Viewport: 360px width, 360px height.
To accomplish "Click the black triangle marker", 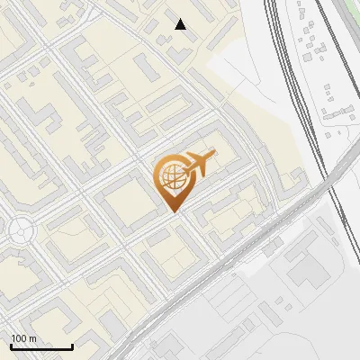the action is click(181, 24).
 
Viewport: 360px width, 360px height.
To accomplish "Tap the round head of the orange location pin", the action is click(172, 176).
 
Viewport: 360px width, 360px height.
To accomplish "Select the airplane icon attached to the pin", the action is click(199, 163).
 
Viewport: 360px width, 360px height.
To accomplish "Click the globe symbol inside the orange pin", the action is click(171, 177).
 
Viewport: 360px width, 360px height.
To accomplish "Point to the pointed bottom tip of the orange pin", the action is click(173, 211).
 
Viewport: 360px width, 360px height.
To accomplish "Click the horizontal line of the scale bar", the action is click(41, 347).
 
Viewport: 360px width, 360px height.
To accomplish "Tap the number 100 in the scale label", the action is click(18, 338).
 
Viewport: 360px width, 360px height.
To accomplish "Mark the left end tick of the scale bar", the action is click(11, 346).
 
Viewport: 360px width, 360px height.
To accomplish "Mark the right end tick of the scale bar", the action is click(72, 346).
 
